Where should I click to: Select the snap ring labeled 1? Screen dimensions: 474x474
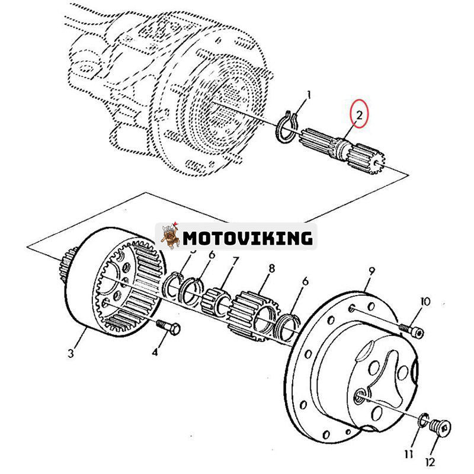tap(287, 128)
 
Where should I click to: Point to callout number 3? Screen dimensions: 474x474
tap(71, 354)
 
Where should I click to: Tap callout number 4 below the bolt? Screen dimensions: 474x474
tap(155, 352)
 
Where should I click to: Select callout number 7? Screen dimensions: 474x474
tap(235, 261)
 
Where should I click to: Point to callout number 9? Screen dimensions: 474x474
tap(371, 272)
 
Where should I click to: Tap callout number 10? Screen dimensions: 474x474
tap(424, 302)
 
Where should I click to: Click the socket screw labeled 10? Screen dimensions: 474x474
tap(412, 330)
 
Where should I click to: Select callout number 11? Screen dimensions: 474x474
tap(409, 454)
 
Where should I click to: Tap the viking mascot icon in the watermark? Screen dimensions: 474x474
tap(169, 236)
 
